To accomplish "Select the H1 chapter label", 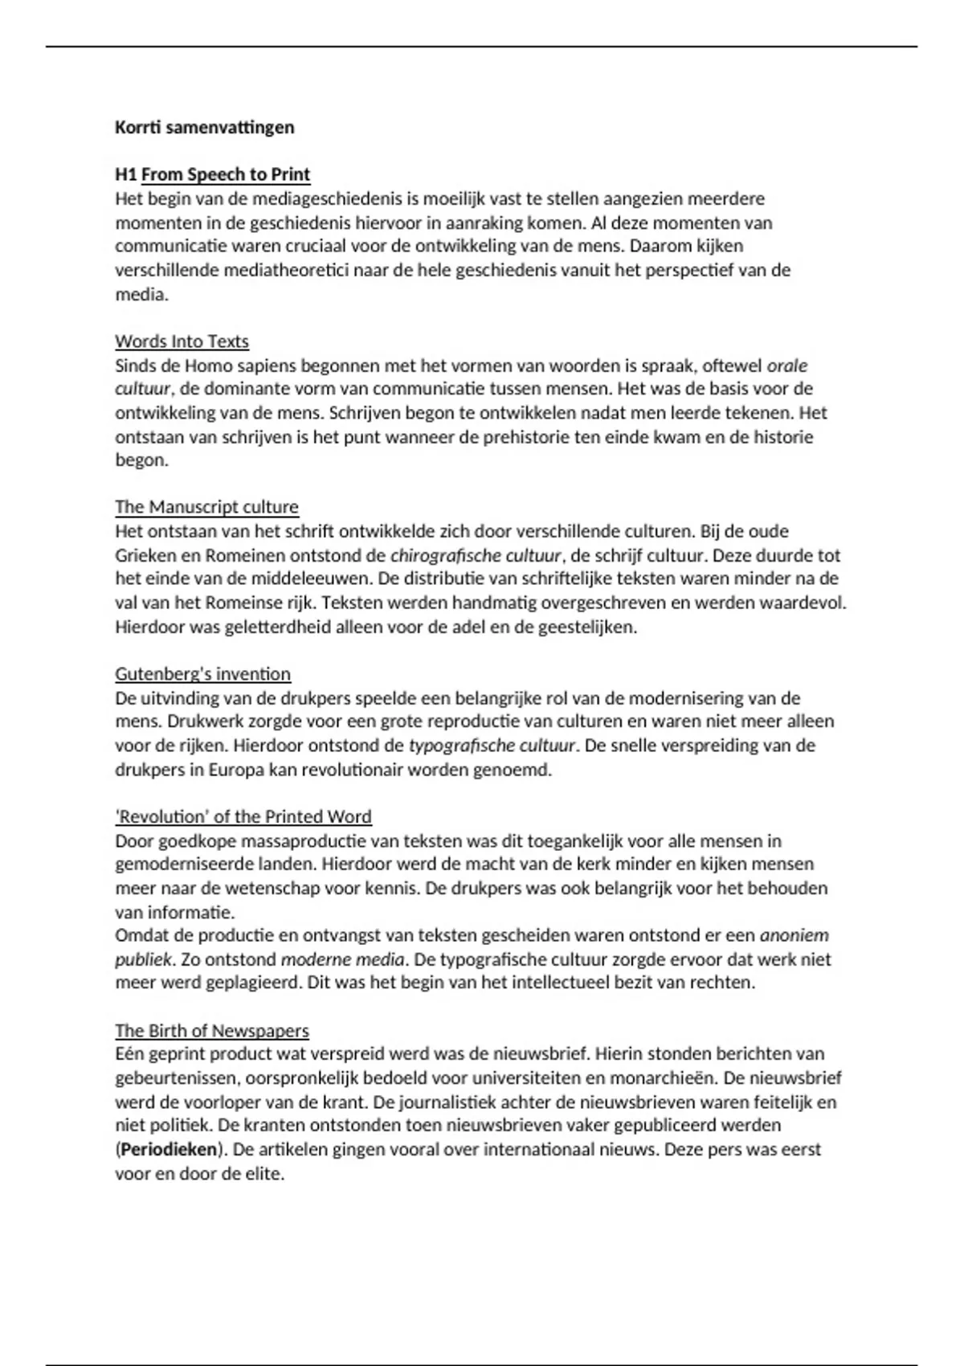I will point(126,174).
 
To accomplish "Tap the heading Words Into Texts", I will point(182,341).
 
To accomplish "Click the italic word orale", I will point(786,366).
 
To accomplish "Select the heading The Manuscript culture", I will point(206,507).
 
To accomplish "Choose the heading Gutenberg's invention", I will point(202,674).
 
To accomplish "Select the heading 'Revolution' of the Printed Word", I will point(243,817).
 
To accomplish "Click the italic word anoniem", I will point(794,935).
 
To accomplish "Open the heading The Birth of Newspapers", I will point(212,1031).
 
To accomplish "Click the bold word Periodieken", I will point(170,1150).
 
